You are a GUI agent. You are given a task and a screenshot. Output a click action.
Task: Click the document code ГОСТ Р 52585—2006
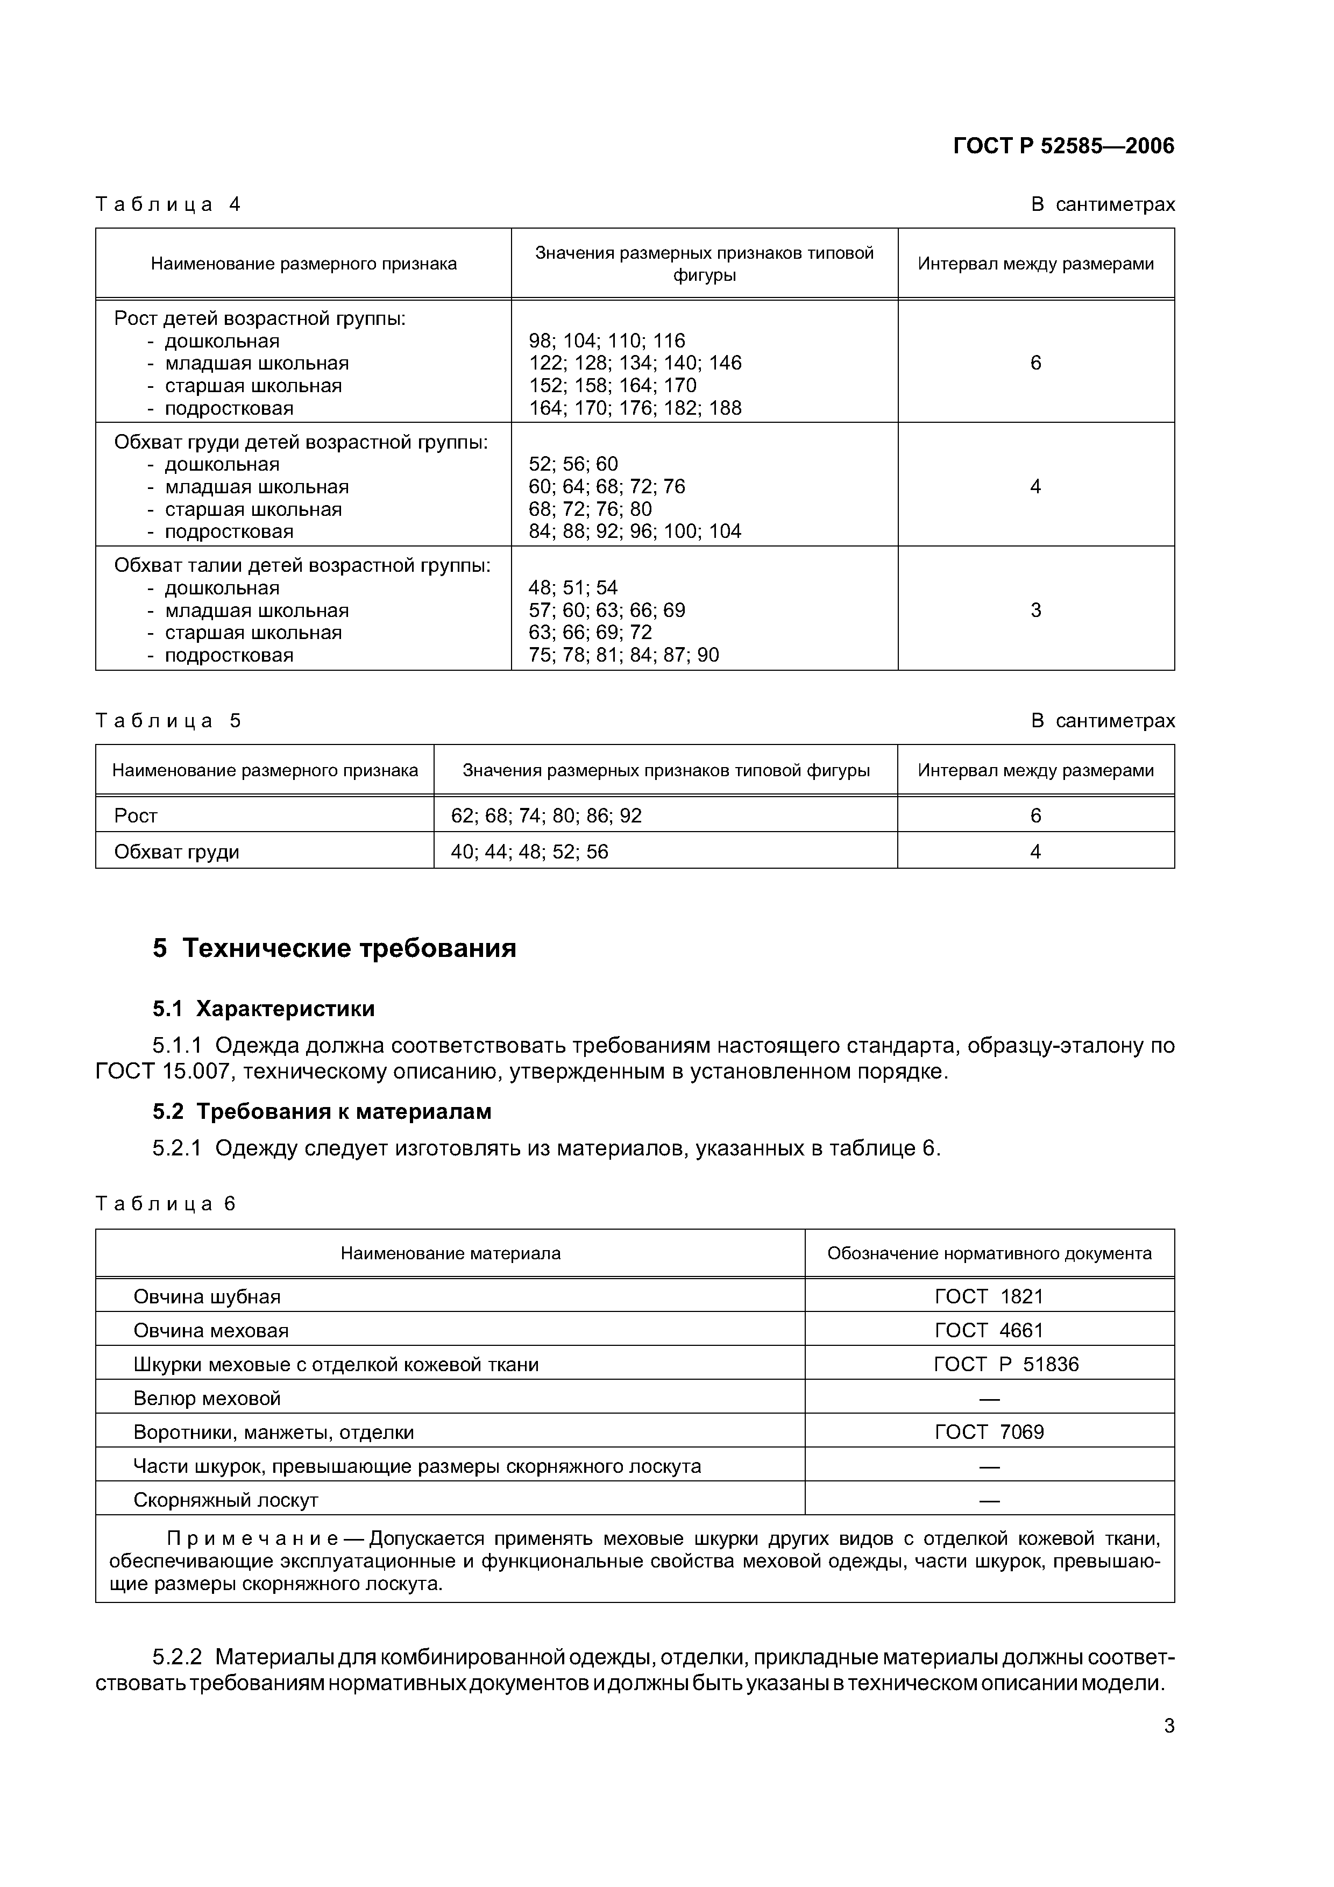tap(1063, 146)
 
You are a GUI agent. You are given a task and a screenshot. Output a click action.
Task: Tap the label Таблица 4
tap(168, 204)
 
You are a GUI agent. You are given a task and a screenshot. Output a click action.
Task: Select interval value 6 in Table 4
tap(1035, 363)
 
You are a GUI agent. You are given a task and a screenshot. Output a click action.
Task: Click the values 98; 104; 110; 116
tap(607, 340)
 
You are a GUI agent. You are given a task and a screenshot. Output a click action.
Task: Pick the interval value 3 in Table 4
tap(1035, 610)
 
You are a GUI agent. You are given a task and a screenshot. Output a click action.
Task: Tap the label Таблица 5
tap(168, 721)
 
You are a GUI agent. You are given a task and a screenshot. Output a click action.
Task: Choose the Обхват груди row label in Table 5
tap(177, 852)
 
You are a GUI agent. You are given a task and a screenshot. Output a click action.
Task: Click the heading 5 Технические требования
tap(335, 948)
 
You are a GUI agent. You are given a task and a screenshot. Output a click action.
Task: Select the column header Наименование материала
tap(450, 1253)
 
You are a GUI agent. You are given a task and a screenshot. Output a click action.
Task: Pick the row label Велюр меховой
tap(207, 1398)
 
